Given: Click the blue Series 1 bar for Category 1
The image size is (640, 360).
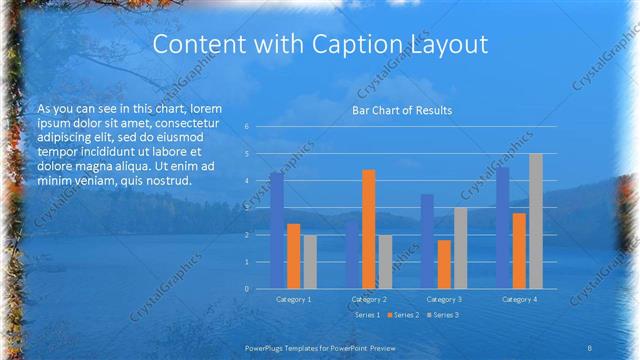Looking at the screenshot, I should coord(276,230).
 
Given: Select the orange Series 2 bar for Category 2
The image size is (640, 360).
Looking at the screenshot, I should coord(368,229).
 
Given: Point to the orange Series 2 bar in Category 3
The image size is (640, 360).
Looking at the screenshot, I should coord(444,264).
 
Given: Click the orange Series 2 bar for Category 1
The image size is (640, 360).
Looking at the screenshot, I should coord(293,256).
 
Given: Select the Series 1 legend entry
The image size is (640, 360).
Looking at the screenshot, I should coord(366,315).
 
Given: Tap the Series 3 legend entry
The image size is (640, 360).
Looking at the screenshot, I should coord(443,315).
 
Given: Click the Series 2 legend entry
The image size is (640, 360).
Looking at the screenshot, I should coord(405,315).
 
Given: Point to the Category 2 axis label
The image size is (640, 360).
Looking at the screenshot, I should coord(368,299).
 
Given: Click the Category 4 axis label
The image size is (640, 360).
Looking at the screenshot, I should coord(519,299).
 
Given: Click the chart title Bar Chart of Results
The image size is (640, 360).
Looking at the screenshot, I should coord(403,110).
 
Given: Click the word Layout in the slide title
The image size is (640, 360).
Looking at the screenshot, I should coord(449,45).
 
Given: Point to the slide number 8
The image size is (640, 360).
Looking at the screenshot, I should coord(590,347).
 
